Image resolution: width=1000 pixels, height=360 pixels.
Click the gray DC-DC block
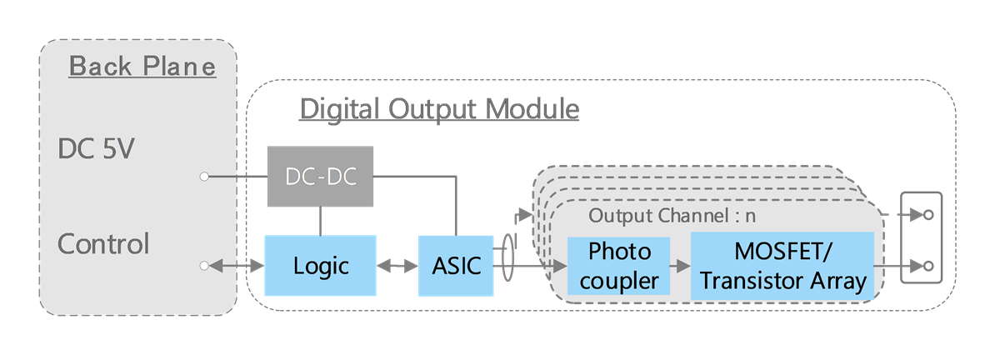click(321, 177)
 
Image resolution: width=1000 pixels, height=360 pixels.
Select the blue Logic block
click(320, 266)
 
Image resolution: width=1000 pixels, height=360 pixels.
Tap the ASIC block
click(456, 266)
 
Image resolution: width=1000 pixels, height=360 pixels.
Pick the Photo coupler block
click(618, 266)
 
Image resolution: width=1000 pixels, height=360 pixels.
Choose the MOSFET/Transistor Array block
click(782, 266)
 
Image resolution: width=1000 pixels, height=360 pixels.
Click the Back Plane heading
click(142, 66)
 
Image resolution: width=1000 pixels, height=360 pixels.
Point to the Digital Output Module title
click(439, 109)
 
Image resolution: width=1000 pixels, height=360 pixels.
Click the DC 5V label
click(97, 150)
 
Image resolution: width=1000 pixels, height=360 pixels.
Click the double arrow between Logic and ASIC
click(397, 266)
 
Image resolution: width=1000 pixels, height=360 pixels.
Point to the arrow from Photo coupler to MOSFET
click(680, 266)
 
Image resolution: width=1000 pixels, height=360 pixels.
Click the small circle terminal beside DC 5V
click(204, 177)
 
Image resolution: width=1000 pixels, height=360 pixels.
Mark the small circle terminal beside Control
click(204, 266)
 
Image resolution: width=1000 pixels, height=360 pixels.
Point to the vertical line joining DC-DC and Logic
click(321, 221)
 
